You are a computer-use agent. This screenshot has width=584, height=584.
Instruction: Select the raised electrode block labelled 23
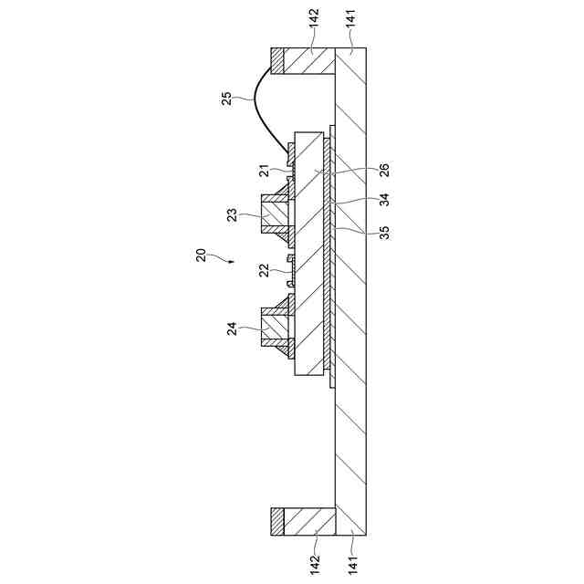click(x=275, y=214)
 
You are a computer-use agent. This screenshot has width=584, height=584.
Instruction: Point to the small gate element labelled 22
click(x=291, y=271)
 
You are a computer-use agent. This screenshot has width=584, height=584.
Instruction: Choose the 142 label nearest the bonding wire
click(x=315, y=30)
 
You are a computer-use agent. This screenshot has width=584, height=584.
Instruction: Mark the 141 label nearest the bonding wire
click(x=352, y=30)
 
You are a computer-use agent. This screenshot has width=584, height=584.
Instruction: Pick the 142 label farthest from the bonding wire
click(x=315, y=556)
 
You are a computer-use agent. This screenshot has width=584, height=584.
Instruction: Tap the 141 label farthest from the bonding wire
click(x=352, y=556)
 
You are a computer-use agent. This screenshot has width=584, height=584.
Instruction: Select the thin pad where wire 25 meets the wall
click(x=276, y=60)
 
